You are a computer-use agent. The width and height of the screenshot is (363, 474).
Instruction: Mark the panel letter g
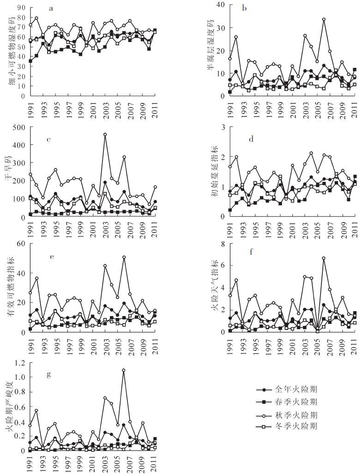49,374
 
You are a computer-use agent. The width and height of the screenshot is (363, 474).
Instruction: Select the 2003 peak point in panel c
105,134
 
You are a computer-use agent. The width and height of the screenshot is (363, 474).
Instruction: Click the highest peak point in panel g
124,370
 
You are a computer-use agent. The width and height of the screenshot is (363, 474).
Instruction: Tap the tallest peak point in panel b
324,19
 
